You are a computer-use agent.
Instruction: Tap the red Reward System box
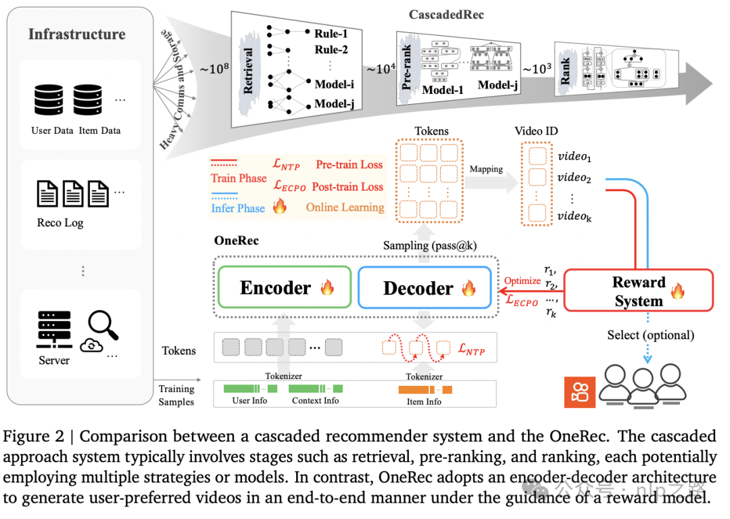pos(639,291)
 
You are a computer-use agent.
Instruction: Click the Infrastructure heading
pos(76,34)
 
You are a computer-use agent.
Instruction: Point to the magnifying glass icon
pos(103,326)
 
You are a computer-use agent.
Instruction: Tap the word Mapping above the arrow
pos(486,169)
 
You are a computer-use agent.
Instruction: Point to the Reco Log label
pos(60,223)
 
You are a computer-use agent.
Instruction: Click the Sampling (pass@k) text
pos(429,245)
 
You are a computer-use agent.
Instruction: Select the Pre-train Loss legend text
pos(349,165)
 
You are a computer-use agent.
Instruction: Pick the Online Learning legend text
pos(345,207)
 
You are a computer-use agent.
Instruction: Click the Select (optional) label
pos(650,335)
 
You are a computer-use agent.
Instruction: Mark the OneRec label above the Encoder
pos(236,241)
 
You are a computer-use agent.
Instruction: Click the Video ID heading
pos(536,131)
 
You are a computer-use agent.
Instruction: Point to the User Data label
pos(52,130)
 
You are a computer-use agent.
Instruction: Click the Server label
pos(54,360)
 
